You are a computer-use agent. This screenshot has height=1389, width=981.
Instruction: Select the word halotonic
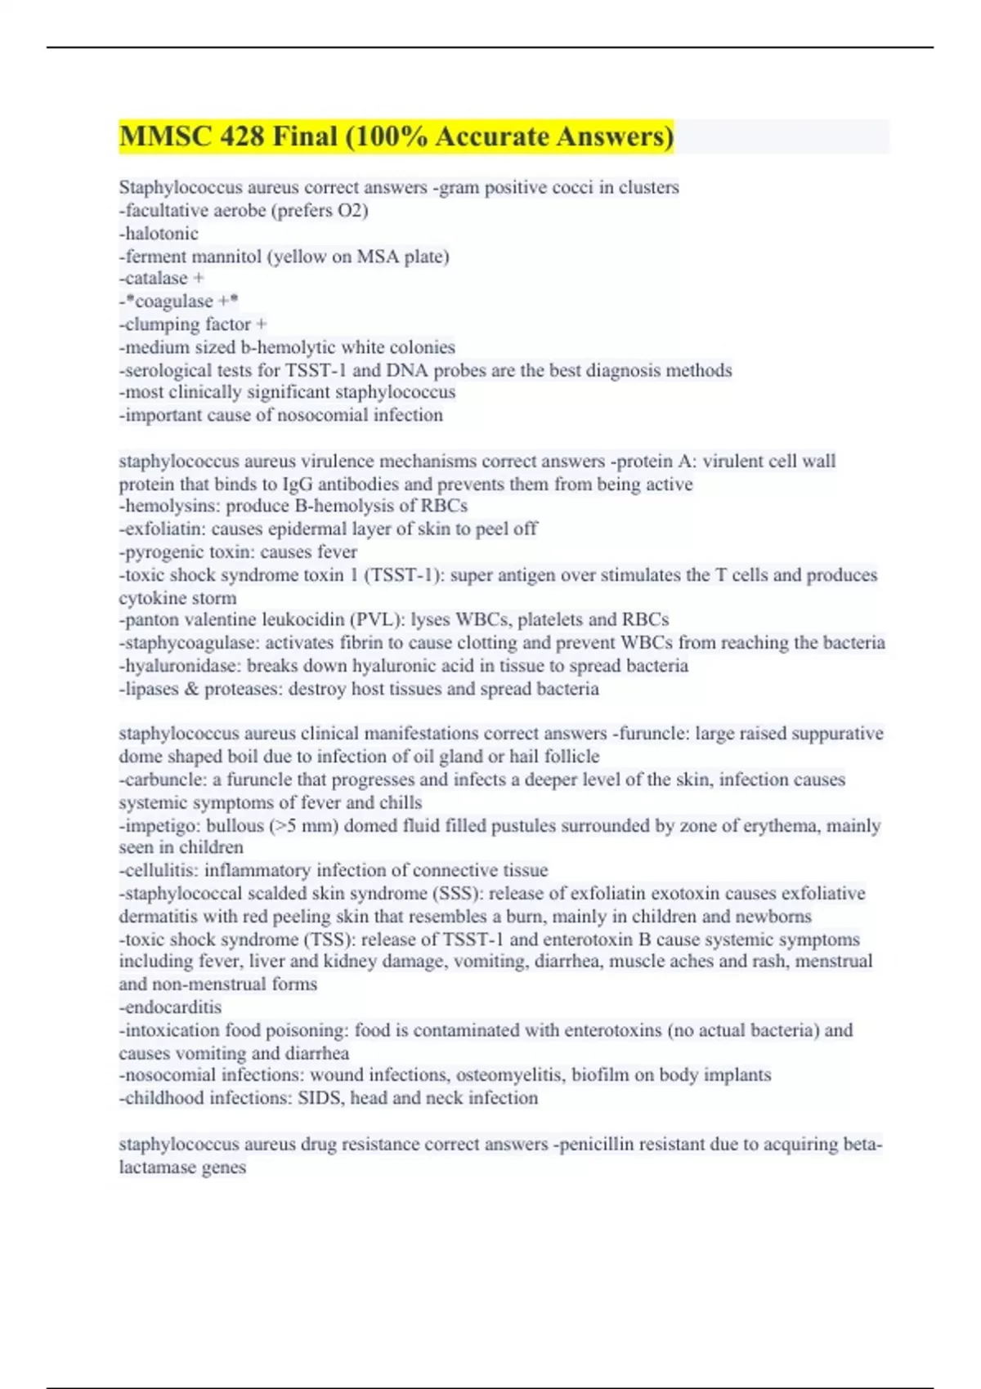161,234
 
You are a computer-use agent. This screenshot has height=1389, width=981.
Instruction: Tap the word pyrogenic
160,552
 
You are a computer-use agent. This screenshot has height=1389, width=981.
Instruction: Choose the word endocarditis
172,1007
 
